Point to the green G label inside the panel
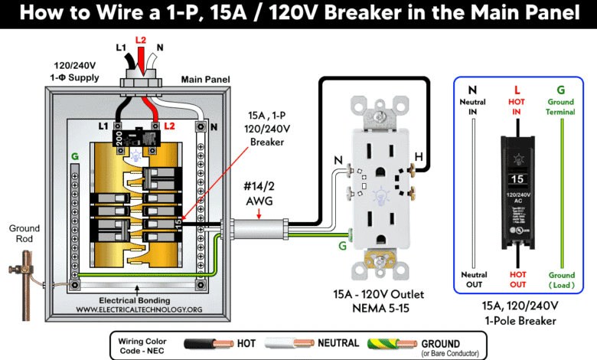[75, 156]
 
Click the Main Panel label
[202, 79]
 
